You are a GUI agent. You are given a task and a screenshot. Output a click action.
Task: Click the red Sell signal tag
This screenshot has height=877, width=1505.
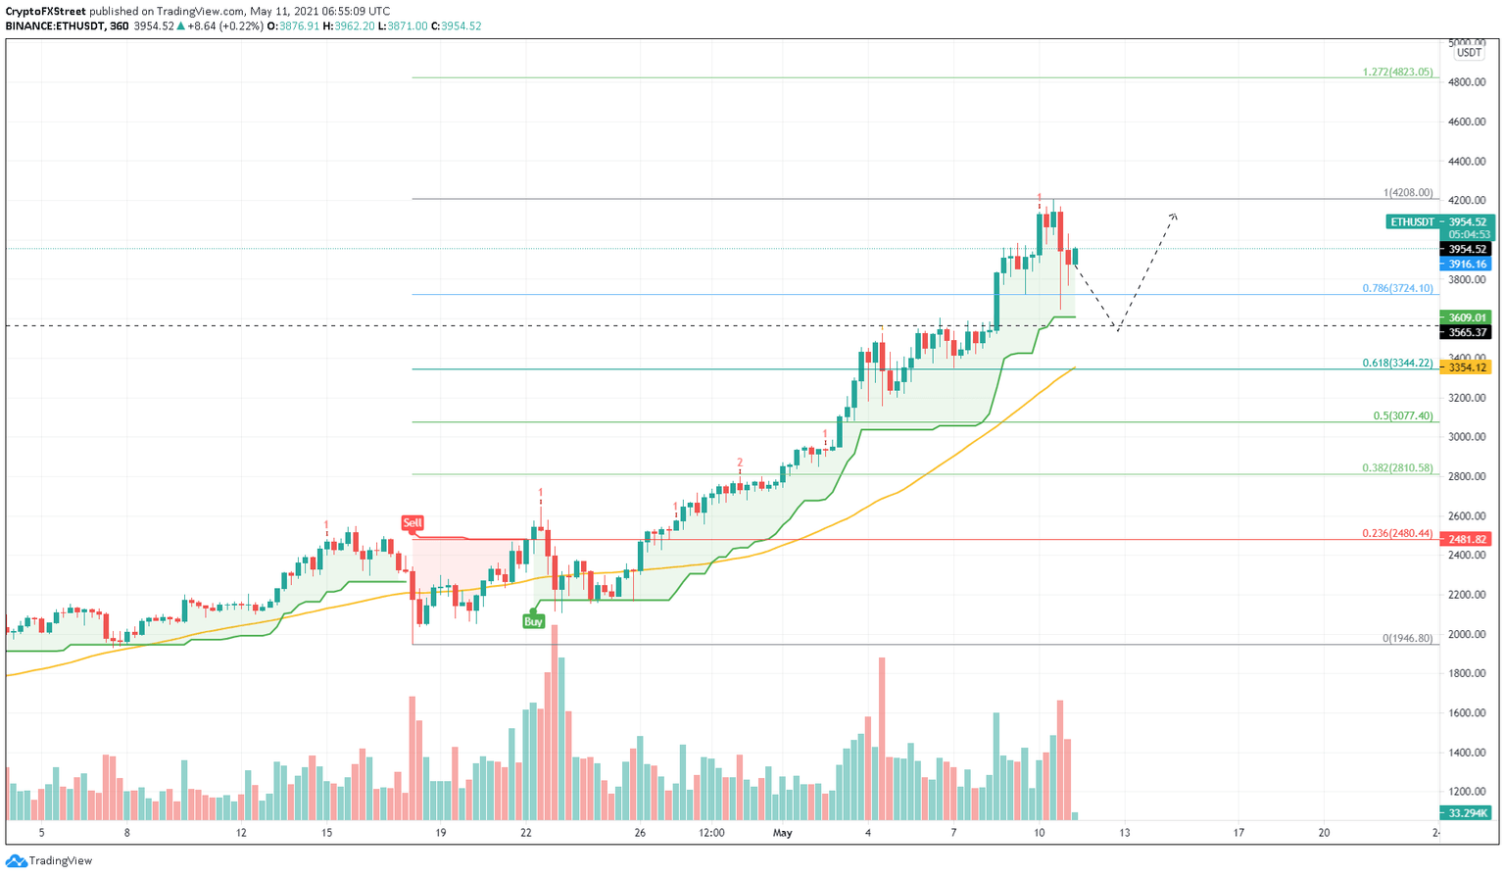click(x=413, y=523)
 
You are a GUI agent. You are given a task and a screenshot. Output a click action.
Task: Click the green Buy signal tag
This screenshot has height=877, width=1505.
click(x=533, y=621)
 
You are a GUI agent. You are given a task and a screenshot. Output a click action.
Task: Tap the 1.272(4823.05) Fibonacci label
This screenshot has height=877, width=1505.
click(x=1397, y=72)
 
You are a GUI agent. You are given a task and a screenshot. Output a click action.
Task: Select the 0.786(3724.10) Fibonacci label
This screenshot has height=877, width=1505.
click(x=1397, y=288)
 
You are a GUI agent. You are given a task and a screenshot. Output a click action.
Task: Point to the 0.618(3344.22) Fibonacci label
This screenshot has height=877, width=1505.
click(x=1397, y=363)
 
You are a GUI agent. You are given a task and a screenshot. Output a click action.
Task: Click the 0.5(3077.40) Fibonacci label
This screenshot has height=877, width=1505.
click(x=1402, y=415)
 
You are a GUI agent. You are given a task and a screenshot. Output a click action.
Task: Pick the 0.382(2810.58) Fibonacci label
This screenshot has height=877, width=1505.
click(x=1397, y=468)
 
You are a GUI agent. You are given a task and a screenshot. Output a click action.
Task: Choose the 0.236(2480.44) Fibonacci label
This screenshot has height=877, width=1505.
click(x=1397, y=533)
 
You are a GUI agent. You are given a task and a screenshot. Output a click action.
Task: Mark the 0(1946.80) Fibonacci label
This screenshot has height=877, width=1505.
click(x=1407, y=638)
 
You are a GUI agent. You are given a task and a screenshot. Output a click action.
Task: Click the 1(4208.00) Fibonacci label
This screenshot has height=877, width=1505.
click(x=1408, y=193)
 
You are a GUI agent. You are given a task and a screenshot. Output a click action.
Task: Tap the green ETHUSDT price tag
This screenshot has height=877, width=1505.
click(x=1412, y=222)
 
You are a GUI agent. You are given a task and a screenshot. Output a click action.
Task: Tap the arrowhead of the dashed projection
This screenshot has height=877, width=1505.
click(x=1173, y=216)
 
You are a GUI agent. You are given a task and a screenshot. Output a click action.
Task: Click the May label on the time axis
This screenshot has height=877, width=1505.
click(x=782, y=833)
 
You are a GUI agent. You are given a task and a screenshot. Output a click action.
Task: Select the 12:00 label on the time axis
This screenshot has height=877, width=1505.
click(x=711, y=833)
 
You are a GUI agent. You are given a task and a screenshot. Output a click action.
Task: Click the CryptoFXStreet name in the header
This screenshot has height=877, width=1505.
click(x=45, y=12)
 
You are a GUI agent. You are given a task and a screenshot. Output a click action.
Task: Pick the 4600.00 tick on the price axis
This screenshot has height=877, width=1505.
click(x=1468, y=122)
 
